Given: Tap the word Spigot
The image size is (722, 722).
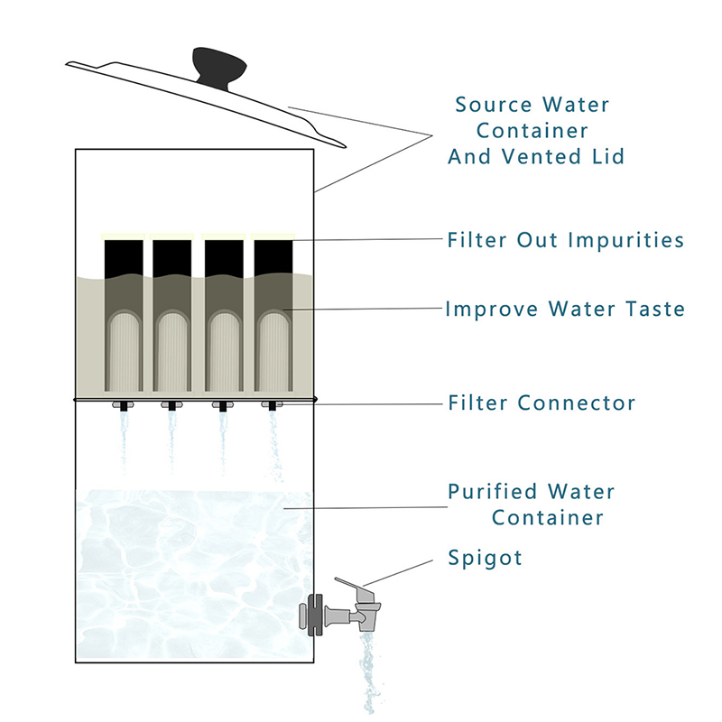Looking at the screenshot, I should point(485,558).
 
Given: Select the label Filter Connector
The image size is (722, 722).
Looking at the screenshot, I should point(541,403).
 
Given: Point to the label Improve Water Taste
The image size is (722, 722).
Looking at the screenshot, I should point(565,310).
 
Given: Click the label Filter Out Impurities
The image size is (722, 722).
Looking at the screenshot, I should point(565,241).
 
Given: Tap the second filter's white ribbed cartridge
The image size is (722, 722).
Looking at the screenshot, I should point(171,356).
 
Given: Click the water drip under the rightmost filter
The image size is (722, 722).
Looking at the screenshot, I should point(273,442).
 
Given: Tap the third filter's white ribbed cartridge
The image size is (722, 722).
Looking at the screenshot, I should point(222,356).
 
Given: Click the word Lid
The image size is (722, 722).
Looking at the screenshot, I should point(606,156).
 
